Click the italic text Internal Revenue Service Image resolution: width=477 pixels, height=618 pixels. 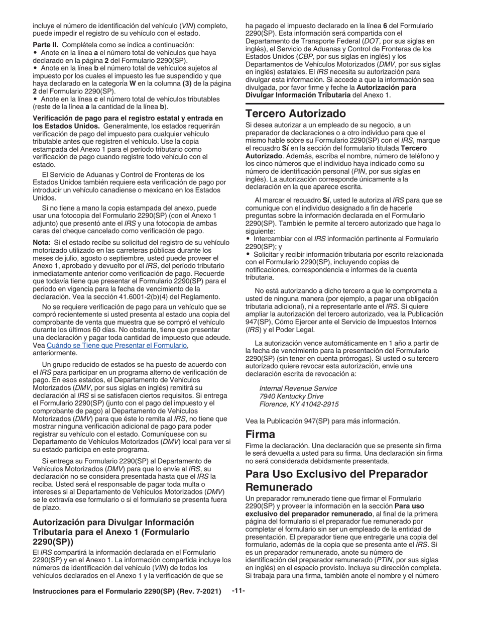point(298,389)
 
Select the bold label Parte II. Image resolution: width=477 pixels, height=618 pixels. point(44,45)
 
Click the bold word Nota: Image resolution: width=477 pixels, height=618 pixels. point(42,242)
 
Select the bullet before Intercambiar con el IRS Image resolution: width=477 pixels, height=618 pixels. point(248,239)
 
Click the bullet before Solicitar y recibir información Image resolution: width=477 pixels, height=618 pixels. point(248,254)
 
